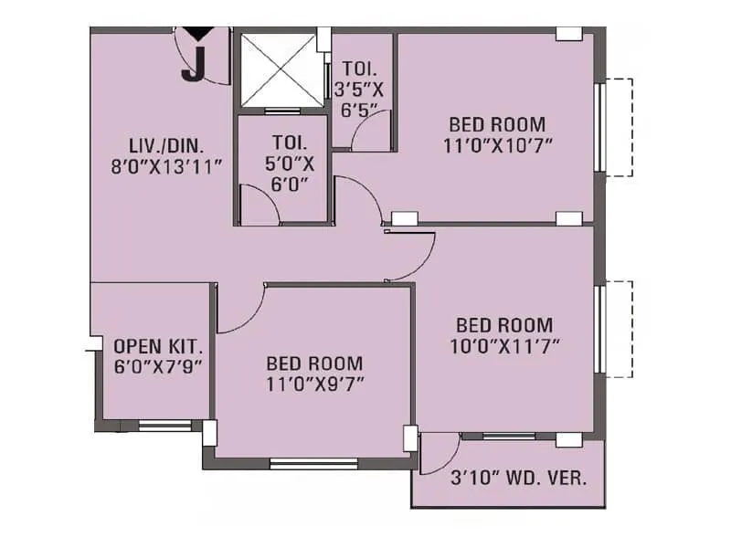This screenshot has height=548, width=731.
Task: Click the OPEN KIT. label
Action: pyautogui.click(x=158, y=347)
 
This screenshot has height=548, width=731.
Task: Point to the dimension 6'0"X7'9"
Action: pyautogui.click(x=158, y=366)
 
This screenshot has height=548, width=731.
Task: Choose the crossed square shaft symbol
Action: pyautogui.click(x=279, y=71)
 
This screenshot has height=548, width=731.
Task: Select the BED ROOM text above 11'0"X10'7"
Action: pyautogui.click(x=497, y=124)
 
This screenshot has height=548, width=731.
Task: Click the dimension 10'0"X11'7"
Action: pyautogui.click(x=504, y=345)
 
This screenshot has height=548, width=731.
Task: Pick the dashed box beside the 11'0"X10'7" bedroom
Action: pyautogui.click(x=620, y=127)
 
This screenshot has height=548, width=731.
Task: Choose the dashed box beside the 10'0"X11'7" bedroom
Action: pyautogui.click(x=620, y=329)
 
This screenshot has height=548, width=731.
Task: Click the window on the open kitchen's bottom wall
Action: pyautogui.click(x=164, y=425)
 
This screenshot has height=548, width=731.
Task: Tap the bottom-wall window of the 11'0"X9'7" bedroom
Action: pyautogui.click(x=313, y=463)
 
